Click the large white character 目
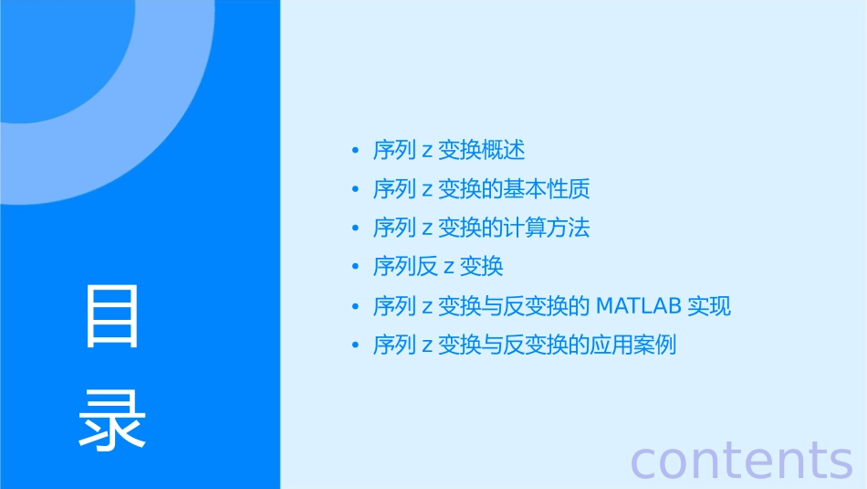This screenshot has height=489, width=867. coord(112,316)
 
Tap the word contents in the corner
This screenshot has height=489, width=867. coord(742,460)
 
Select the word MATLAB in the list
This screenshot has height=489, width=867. coord(638,306)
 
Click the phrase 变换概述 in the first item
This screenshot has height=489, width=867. coord(482,150)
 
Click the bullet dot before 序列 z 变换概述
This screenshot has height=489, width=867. coord(355,151)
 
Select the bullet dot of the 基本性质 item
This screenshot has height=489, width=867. coord(355,189)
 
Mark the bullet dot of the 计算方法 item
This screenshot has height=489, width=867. coord(355,229)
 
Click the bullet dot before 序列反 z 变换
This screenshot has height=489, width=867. coord(355,268)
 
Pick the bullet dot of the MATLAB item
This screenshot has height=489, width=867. coord(355,307)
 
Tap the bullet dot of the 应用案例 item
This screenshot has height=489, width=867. coord(355,346)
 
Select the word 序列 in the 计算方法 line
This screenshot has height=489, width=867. coord(394,228)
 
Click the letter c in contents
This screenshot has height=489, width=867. coord(644,462)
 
